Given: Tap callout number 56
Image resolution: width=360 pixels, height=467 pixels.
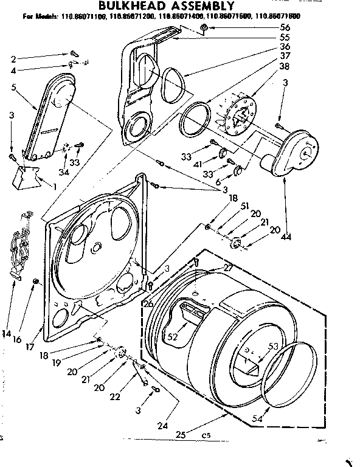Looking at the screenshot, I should tap(285, 28).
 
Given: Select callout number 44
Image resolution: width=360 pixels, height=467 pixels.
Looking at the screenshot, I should tap(286, 238).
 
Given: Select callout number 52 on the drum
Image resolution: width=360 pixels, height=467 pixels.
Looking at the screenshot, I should tap(173, 335).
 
